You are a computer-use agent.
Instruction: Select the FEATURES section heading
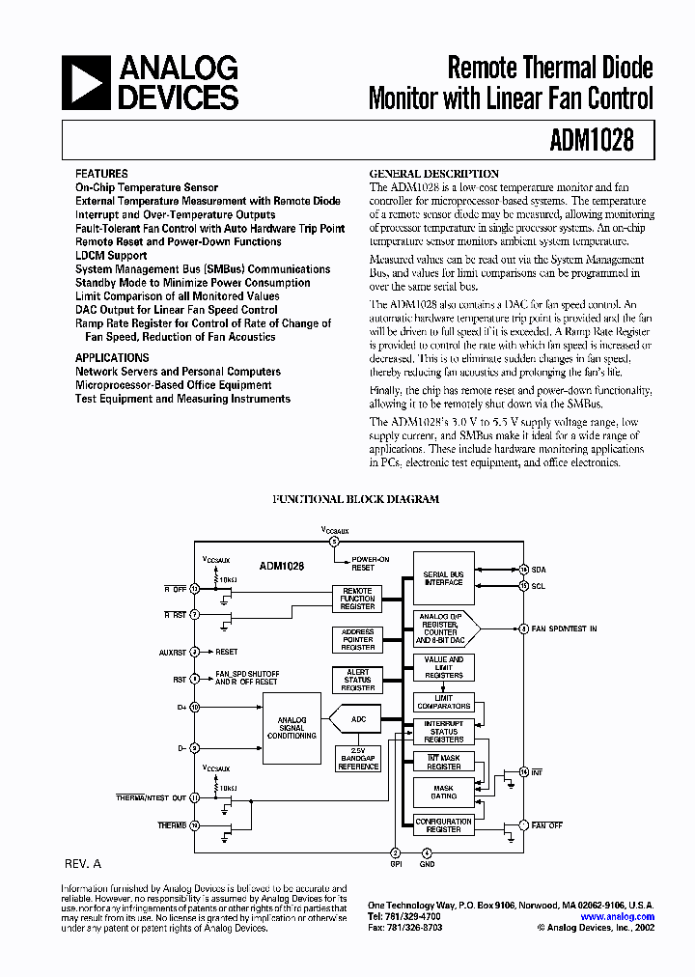click(101, 174)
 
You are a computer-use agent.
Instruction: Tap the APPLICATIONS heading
click(112, 357)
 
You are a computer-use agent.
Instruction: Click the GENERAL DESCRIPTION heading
click(434, 174)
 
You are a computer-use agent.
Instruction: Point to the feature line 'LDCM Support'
click(111, 256)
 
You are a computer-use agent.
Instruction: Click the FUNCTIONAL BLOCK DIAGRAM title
click(355, 499)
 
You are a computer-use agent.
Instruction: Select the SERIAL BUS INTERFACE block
click(443, 578)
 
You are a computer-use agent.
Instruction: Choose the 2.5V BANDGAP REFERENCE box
click(357, 760)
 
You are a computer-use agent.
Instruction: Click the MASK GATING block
click(443, 793)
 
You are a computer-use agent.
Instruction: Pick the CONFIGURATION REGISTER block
click(443, 825)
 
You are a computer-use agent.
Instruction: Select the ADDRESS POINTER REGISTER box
click(357, 639)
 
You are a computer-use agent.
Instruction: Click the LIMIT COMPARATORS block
click(443, 703)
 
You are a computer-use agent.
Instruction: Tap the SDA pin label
click(539, 570)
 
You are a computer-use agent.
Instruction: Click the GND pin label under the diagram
click(428, 864)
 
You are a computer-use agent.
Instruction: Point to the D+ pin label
click(181, 707)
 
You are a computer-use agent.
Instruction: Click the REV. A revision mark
click(83, 864)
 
